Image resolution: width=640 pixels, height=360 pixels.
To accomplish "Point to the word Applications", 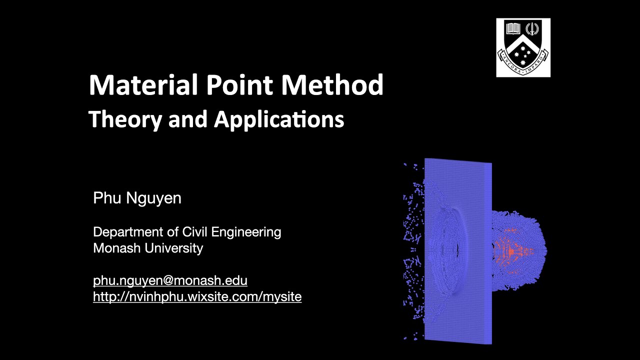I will pyautogui.click(x=279, y=120).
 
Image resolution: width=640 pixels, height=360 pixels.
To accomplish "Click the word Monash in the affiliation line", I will pyautogui.click(x=116, y=248).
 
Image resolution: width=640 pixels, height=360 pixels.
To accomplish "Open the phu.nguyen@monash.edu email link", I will pyautogui.click(x=170, y=280).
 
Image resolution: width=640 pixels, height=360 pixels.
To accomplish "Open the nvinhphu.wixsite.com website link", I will pyautogui.click(x=197, y=296).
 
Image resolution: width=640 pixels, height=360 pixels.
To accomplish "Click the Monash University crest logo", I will pyautogui.click(x=523, y=47).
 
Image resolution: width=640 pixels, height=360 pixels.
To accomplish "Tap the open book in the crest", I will pyautogui.click(x=513, y=28).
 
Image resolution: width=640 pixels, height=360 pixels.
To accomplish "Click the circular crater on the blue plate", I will pyautogui.click(x=447, y=245).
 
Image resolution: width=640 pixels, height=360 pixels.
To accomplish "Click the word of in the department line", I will pyautogui.click(x=173, y=232).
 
